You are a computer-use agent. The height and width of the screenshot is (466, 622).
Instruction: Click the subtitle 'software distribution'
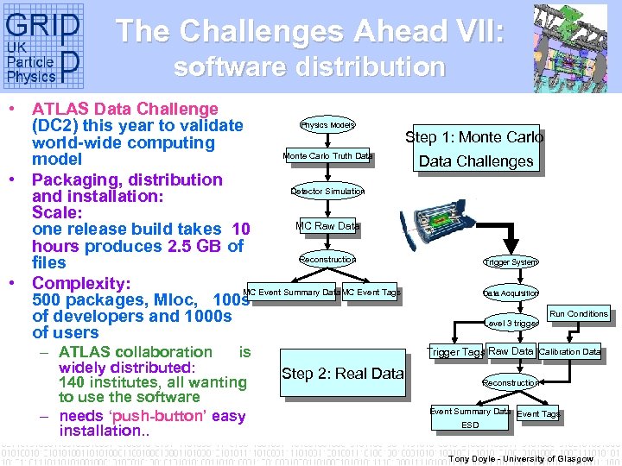click(309, 67)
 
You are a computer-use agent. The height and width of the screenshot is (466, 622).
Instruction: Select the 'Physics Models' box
click(327, 125)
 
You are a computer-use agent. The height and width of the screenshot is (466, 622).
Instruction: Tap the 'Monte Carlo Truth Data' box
click(327, 156)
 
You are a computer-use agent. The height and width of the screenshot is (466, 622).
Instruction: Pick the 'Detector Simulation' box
click(327, 191)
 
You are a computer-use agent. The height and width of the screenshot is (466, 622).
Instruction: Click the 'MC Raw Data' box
click(327, 226)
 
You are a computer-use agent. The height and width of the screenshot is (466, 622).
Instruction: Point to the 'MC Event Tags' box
click(371, 293)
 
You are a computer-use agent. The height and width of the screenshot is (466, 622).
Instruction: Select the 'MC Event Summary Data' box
click(291, 293)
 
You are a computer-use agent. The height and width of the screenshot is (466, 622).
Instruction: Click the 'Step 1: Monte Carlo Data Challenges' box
click(474, 148)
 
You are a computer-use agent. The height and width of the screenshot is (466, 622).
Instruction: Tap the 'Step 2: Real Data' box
click(342, 374)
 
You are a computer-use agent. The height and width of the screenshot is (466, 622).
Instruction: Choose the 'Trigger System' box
click(510, 261)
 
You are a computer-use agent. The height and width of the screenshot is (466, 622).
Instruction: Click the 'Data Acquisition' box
click(510, 293)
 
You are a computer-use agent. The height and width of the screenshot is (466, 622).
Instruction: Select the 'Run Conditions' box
click(578, 314)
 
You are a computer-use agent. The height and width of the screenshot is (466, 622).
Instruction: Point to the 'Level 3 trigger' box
click(511, 324)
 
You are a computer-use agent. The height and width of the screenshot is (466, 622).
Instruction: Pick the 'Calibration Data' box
click(569, 351)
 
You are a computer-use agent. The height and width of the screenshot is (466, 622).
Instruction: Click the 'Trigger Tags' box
click(456, 352)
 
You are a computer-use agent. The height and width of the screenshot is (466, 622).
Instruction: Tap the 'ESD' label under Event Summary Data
click(470, 425)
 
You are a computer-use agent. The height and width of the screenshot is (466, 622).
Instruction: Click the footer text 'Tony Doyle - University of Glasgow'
click(521, 459)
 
